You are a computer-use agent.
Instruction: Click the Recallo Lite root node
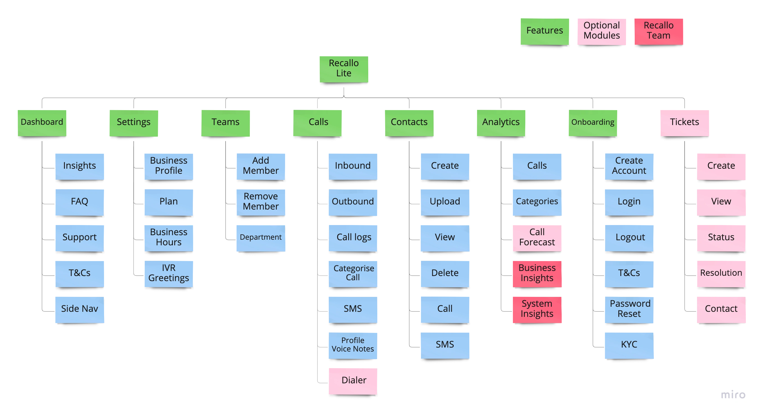tap(344, 68)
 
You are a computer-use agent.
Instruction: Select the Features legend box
tap(544, 31)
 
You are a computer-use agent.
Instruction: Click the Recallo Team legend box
tap(658, 31)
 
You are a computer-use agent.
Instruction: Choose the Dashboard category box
tap(42, 122)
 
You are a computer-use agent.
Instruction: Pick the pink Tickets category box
tap(684, 122)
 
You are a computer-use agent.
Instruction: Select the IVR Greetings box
tap(169, 273)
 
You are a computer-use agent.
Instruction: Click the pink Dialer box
tap(353, 380)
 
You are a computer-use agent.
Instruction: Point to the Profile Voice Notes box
tap(353, 345)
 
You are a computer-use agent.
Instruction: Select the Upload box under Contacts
tap(445, 202)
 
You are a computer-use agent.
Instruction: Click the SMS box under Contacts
tap(445, 345)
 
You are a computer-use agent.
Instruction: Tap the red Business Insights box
tap(537, 273)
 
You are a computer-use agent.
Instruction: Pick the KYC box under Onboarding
tap(629, 345)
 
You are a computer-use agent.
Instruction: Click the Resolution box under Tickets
tap(721, 273)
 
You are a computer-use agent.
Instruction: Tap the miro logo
tap(734, 394)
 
